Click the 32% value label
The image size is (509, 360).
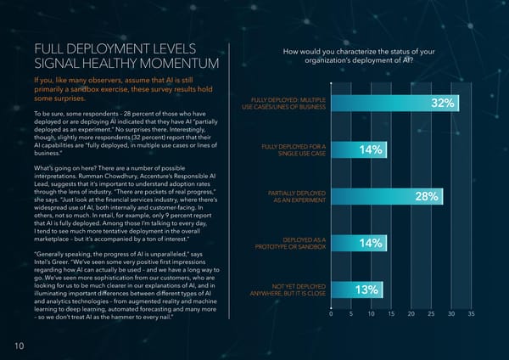pyautogui.click(x=443, y=104)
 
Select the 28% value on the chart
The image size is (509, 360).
pyautogui.click(x=426, y=197)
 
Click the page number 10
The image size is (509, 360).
pyautogui.click(x=19, y=345)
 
